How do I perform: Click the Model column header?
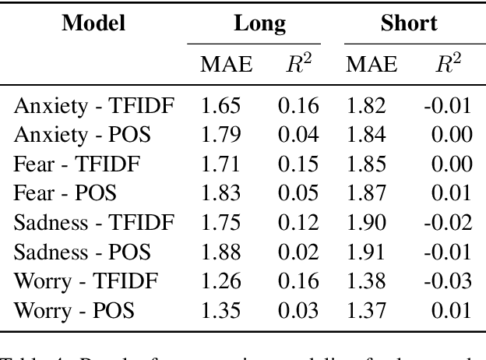coord(93,23)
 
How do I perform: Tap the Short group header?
coord(409,23)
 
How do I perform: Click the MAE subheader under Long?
coord(226,65)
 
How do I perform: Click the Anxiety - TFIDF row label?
coord(95,105)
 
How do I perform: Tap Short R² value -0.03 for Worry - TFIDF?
coord(448,281)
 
